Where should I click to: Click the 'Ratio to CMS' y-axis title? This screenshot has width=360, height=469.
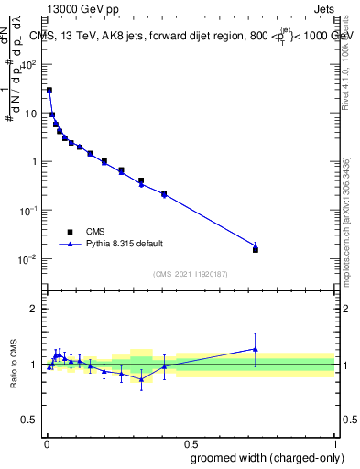pos(15,365)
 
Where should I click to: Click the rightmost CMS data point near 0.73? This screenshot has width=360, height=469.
pos(256,249)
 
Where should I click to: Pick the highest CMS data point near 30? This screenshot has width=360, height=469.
pos(49,91)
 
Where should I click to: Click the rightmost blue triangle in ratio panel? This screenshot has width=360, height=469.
pos(256,349)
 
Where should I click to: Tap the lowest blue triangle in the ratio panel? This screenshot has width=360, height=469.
pos(141,378)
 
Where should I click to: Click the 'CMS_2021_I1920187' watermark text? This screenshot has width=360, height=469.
pos(189,274)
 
